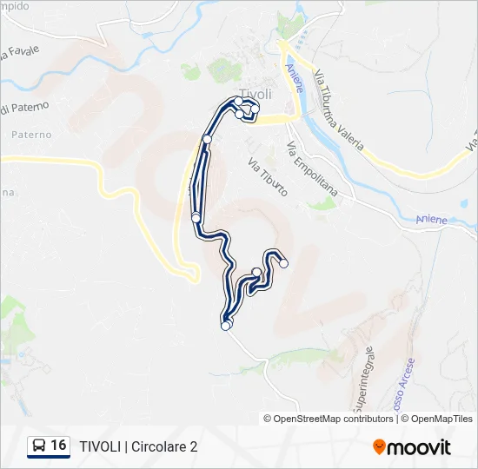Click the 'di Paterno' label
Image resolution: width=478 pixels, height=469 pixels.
point(25,108)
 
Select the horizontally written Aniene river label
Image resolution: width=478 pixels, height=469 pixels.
point(431,220)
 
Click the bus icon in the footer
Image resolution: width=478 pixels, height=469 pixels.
point(38,446)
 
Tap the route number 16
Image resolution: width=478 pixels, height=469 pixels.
point(58,446)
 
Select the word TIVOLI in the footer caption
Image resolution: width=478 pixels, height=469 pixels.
point(100,446)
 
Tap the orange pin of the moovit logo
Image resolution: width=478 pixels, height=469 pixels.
point(379,447)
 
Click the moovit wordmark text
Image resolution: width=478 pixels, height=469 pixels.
point(420,447)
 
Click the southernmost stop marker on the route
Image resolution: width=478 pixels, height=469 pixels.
point(226,327)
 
